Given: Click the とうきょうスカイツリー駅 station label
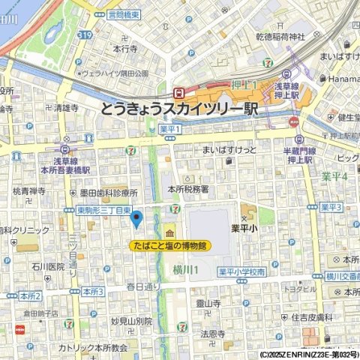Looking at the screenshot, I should [x=178, y=109].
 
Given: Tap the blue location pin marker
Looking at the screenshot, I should [x=136, y=219].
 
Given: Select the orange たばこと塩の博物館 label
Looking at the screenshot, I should [x=170, y=245].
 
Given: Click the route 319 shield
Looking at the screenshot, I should [x=84, y=34].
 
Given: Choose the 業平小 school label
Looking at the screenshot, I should [x=244, y=228].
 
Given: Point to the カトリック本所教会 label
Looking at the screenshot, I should [x=94, y=348].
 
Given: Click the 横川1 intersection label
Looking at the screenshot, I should [x=185, y=269].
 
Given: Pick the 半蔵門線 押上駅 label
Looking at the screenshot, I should [x=298, y=155].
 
